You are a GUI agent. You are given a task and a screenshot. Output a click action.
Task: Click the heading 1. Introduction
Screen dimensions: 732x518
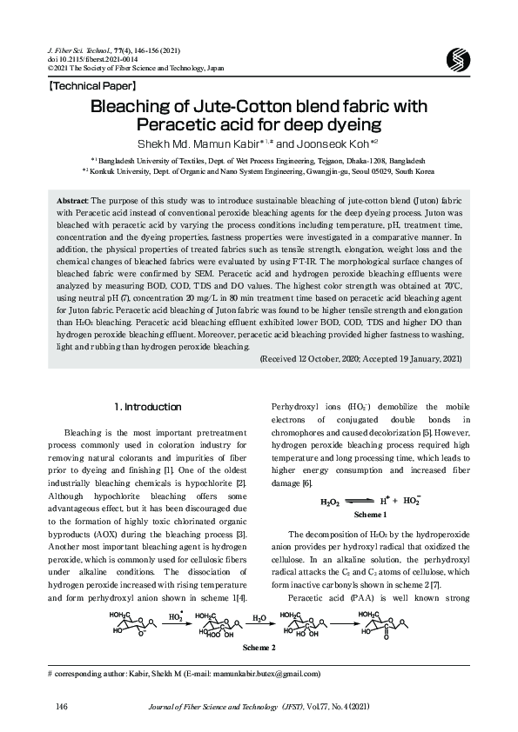(x=148, y=407)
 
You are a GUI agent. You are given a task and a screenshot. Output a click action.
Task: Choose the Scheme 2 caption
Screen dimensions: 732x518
(x=258, y=648)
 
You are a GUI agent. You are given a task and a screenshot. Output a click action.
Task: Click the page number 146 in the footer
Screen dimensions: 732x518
(x=62, y=705)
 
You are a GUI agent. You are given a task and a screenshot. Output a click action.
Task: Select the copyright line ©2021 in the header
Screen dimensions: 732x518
(x=125, y=67)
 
